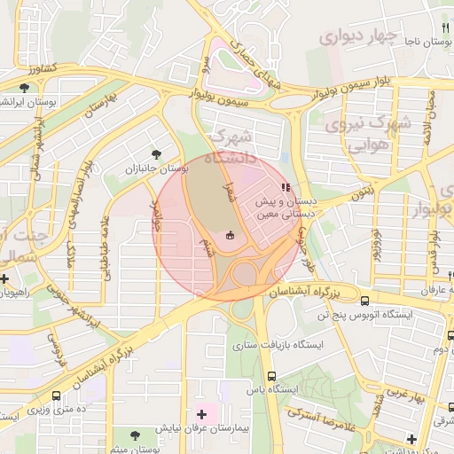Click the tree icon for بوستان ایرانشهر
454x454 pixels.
(x=25, y=88)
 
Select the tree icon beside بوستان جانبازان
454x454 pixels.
(x=158, y=153)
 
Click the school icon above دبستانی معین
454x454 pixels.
(x=285, y=187)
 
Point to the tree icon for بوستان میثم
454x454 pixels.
(x=135, y=435)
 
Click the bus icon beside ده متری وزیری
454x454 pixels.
(x=57, y=396)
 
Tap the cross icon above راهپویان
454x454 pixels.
(x=6, y=278)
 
